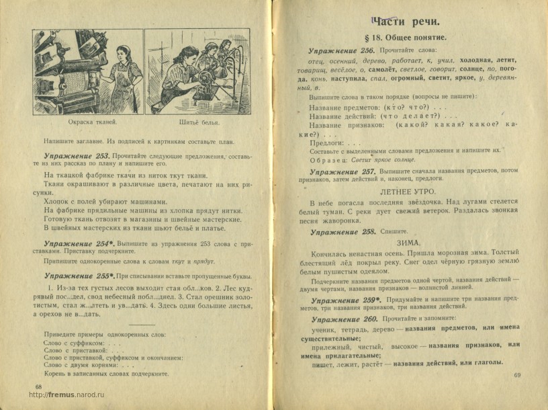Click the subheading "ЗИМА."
coord(408,243)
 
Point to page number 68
coord(38,386)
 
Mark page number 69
coord(516,375)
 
